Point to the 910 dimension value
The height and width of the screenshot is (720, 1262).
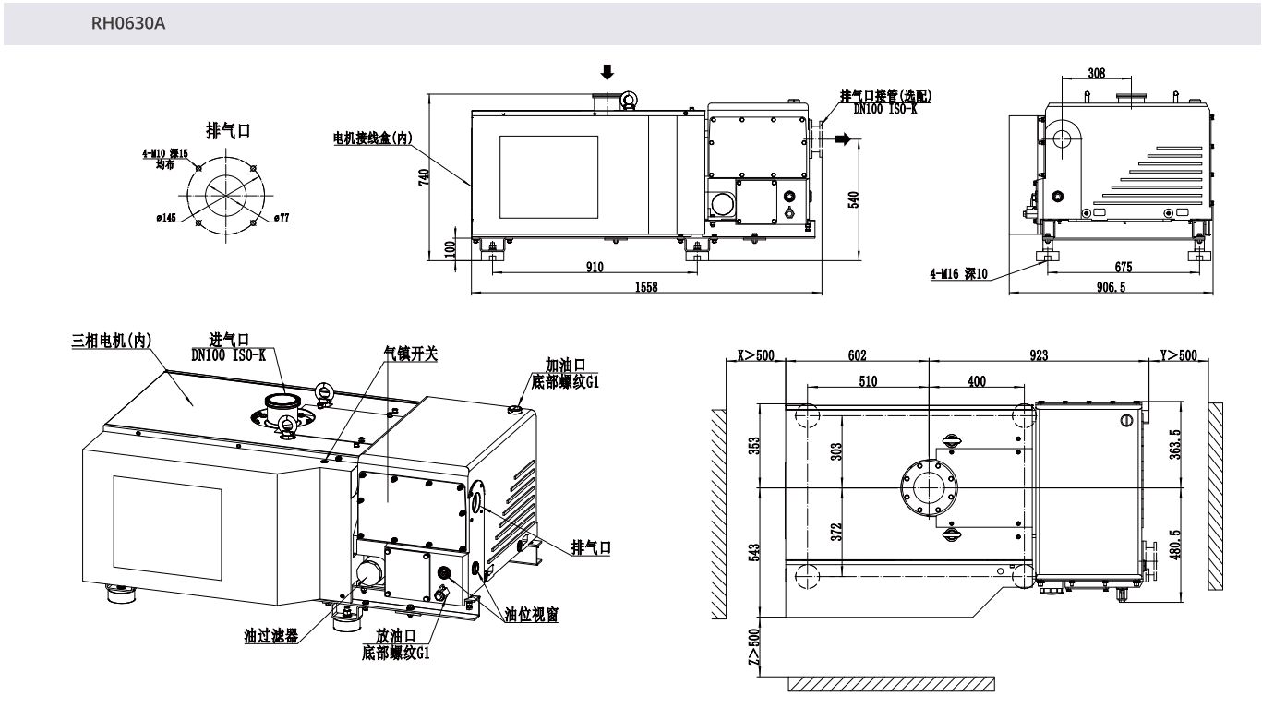click(594, 268)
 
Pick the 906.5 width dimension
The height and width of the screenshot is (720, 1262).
click(1117, 287)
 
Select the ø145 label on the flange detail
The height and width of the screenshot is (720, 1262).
click(166, 218)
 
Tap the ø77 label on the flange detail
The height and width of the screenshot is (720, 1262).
click(282, 218)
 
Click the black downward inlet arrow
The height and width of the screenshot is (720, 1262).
click(606, 71)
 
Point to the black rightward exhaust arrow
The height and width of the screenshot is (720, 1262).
click(841, 138)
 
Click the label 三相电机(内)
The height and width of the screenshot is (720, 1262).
click(113, 340)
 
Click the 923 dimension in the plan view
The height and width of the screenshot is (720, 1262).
click(1040, 355)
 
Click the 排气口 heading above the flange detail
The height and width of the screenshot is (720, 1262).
click(228, 130)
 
